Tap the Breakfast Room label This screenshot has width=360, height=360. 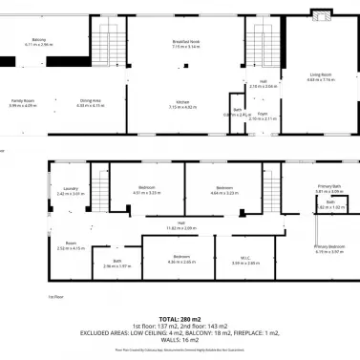[x=185, y=41]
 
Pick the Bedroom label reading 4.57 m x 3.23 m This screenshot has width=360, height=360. [x=146, y=188]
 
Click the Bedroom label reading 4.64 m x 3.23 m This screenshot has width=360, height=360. [x=223, y=188]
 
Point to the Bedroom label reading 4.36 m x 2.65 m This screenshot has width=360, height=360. [x=181, y=256]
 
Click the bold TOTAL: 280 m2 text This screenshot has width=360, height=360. [x=180, y=318]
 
